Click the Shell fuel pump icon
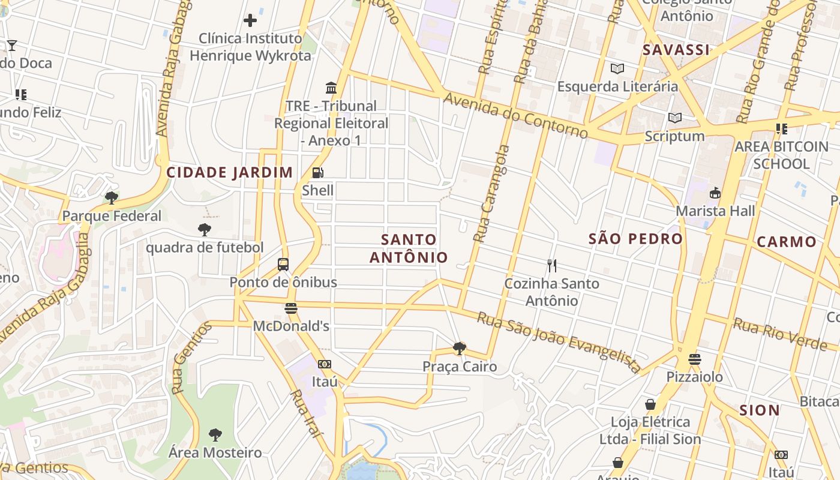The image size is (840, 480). click(x=317, y=173)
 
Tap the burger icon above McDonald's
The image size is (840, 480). click(x=291, y=308)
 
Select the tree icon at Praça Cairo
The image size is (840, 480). click(x=459, y=349)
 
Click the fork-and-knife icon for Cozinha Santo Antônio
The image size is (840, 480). click(x=552, y=265)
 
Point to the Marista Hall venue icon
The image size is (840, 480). click(x=715, y=193)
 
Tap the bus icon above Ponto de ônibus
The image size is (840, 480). click(x=283, y=264)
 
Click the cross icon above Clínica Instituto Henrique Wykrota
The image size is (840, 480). click(x=250, y=20)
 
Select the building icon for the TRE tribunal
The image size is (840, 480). click(x=331, y=88)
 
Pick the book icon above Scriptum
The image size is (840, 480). click(x=675, y=118)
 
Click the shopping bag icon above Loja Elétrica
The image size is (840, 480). click(x=650, y=404)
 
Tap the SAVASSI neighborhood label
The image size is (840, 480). click(x=676, y=50)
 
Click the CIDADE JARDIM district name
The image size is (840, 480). click(x=229, y=173)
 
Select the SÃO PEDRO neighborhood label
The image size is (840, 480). click(x=635, y=239)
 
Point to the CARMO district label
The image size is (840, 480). click(x=786, y=242)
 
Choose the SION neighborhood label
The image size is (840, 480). click(x=759, y=410)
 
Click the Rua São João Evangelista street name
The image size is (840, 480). click(x=559, y=340)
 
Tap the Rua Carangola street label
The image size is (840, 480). click(x=491, y=193)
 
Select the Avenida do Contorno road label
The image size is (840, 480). click(x=515, y=116)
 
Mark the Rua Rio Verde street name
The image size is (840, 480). click(x=780, y=334)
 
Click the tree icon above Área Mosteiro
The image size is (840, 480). click(x=215, y=435)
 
